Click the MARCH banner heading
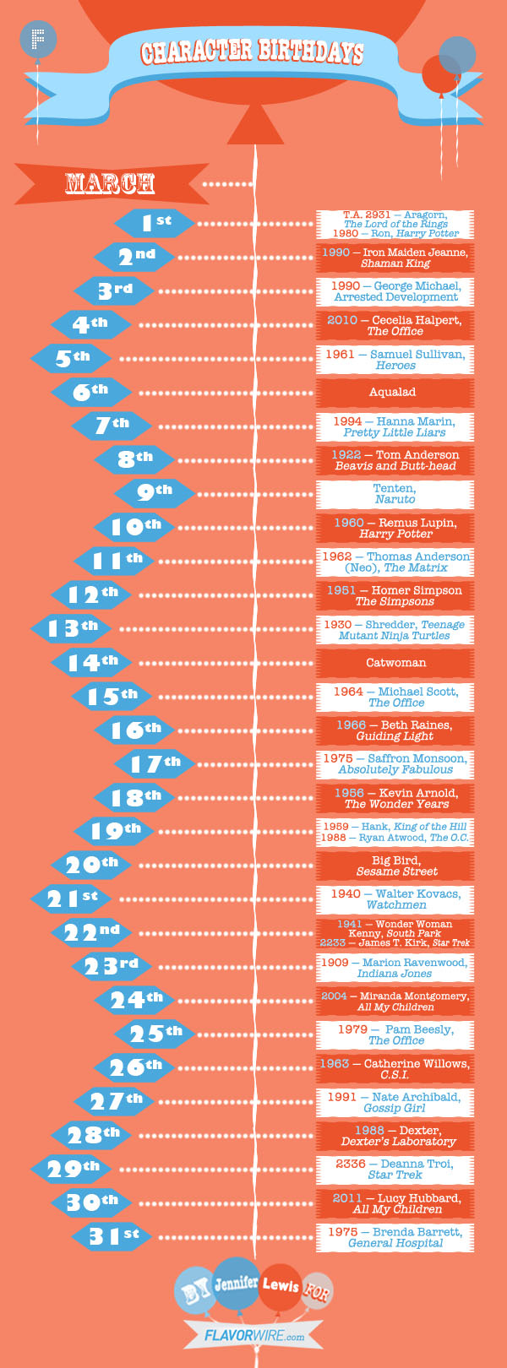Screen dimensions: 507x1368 pos(110,183)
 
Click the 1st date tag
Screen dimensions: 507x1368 pos(155,222)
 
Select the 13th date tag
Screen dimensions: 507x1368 pos(71,628)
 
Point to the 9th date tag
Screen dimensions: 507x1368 pos(155,493)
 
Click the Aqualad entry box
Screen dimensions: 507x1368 pos(395,392)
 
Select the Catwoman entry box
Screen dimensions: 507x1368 pos(395,663)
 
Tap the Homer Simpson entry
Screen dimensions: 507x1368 pos(395,595)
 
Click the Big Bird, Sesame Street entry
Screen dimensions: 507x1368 pos(395,866)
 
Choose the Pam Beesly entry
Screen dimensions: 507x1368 pos(395,1034)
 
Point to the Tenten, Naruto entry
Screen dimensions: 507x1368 pos(395,493)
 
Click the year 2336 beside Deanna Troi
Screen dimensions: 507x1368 pos(350,1164)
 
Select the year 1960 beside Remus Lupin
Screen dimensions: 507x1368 pos(349,523)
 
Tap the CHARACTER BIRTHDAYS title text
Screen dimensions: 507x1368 pos(252,52)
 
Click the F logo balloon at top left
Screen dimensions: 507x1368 pos(38,39)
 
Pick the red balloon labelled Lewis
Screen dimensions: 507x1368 pos(281,1286)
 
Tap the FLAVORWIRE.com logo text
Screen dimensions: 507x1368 pos(254,1336)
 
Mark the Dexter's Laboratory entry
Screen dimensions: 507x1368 pos(395,1136)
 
